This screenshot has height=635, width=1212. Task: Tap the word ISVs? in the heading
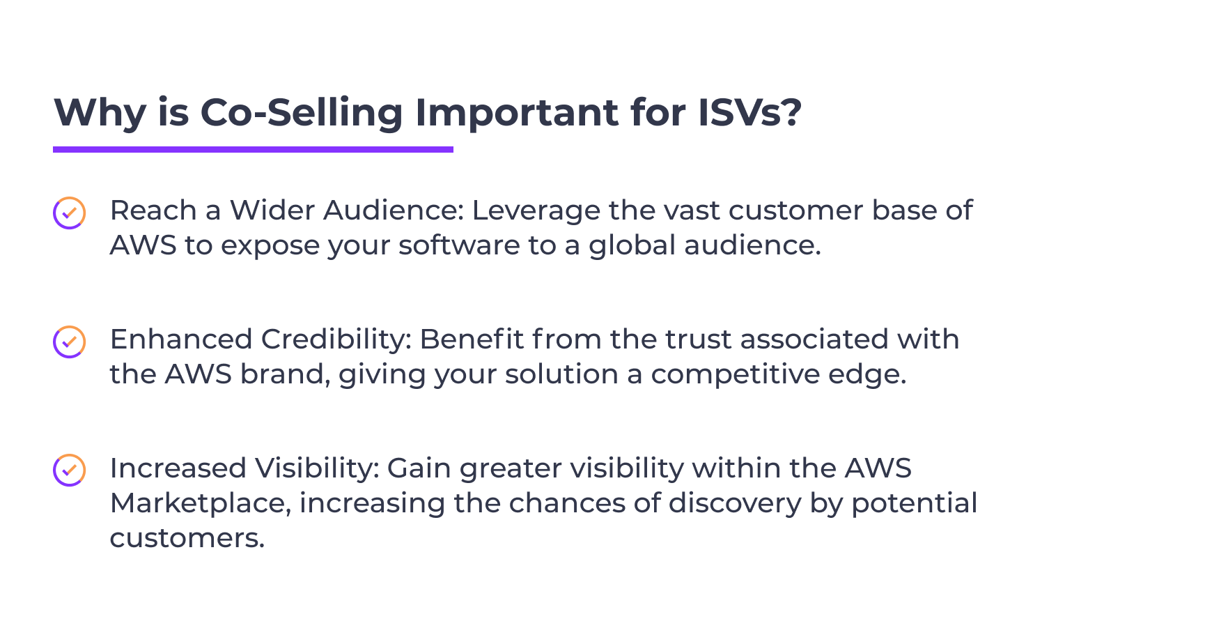(750, 112)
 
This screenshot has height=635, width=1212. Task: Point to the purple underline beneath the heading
(253, 149)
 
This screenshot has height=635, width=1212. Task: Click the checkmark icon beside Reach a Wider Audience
(70, 213)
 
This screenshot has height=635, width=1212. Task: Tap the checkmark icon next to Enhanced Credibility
(70, 342)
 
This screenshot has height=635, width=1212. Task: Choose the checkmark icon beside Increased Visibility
(70, 471)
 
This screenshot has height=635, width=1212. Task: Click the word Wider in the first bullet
(273, 211)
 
